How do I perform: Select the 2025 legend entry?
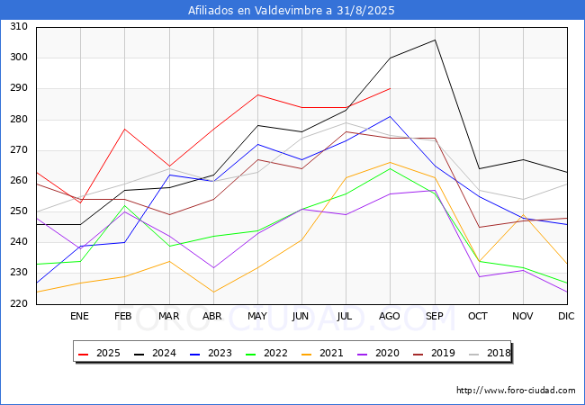click(x=99, y=353)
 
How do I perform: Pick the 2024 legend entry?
click(x=155, y=353)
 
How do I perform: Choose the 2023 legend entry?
click(x=211, y=353)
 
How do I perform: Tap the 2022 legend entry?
click(x=266, y=353)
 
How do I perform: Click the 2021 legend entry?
click(x=322, y=353)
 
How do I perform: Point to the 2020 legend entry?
click(x=378, y=353)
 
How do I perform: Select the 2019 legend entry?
click(x=434, y=353)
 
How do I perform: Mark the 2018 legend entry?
click(x=490, y=353)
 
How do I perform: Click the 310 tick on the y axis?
click(x=19, y=26)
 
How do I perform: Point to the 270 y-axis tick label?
click(x=19, y=149)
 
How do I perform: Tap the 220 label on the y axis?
click(x=19, y=303)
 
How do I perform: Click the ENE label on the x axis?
click(x=79, y=316)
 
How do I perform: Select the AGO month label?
click(x=390, y=316)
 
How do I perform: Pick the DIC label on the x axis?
click(x=566, y=316)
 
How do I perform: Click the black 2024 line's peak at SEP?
click(x=435, y=40)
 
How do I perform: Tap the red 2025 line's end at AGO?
click(x=391, y=88)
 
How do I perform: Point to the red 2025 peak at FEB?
click(x=124, y=129)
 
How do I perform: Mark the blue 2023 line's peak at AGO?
click(x=391, y=116)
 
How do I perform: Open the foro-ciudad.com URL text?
click(x=516, y=391)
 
